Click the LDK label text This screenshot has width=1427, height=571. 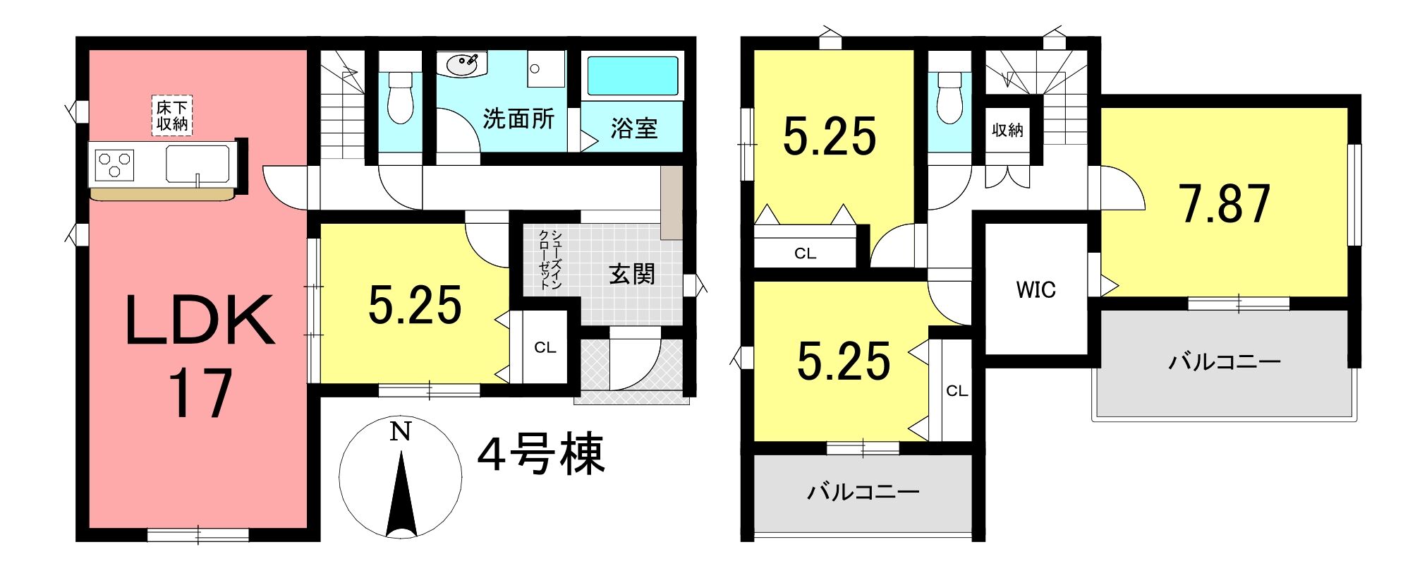point(200,320)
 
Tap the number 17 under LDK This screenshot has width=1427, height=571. point(200,393)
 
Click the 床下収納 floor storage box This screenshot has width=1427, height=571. point(172,115)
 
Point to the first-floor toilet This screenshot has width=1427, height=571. point(400,97)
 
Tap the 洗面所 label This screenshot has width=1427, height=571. point(518,119)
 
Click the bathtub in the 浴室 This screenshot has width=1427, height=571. point(632,76)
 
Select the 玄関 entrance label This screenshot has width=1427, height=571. point(632,274)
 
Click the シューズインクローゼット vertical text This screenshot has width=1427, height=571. point(550,259)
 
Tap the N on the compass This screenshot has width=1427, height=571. point(401,431)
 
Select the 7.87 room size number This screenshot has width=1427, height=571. point(1225,203)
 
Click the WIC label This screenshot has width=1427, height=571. point(1036,289)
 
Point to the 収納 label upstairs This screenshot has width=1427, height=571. point(1007,130)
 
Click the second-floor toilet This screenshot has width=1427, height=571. point(949,97)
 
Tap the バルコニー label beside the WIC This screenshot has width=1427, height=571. point(1225,362)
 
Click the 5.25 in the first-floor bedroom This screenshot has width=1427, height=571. point(415,305)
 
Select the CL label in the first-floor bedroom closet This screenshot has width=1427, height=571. point(545,347)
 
